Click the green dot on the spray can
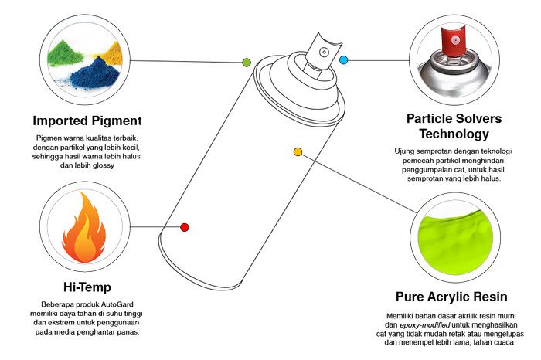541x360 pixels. pyautogui.click(x=247, y=62)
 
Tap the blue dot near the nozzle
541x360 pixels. pyautogui.click(x=344, y=59)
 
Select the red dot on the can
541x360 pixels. pyautogui.click(x=185, y=227)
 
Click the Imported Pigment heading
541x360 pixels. pyautogui.click(x=87, y=121)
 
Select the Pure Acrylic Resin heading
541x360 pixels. pyautogui.click(x=451, y=297)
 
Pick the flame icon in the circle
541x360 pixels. pyautogui.click(x=84, y=227)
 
